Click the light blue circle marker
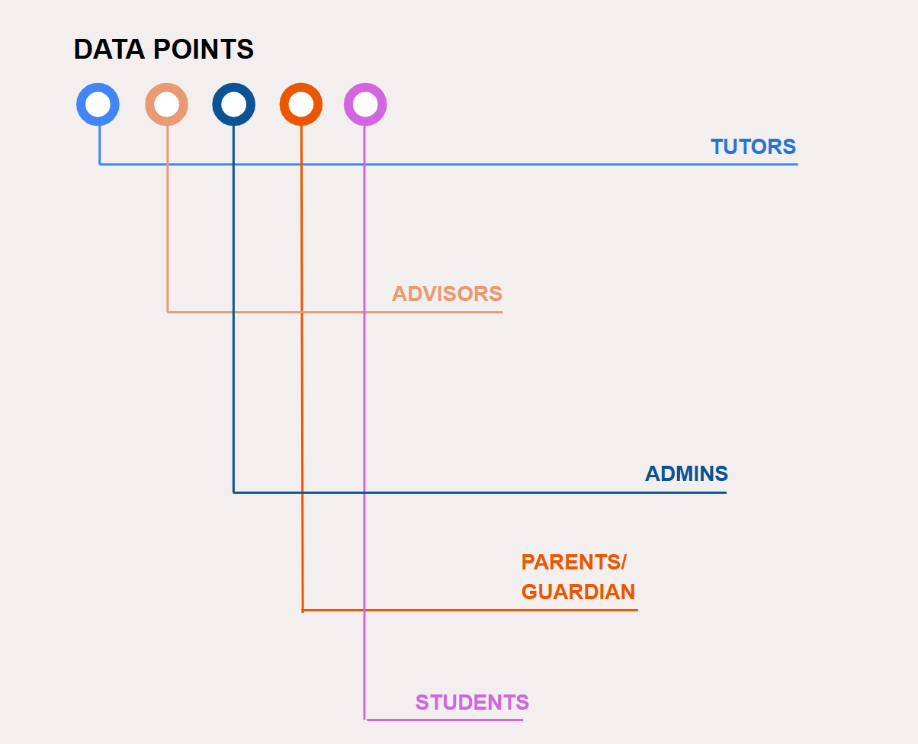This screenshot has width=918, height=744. pyautogui.click(x=98, y=104)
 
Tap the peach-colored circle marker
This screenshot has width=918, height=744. pyautogui.click(x=166, y=104)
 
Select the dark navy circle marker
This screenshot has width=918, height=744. pyautogui.click(x=233, y=104)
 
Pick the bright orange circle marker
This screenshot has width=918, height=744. pyautogui.click(x=301, y=104)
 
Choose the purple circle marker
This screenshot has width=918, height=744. pyautogui.click(x=365, y=104)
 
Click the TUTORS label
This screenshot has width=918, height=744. pyautogui.click(x=753, y=146)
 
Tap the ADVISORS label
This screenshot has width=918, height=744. pyautogui.click(x=447, y=293)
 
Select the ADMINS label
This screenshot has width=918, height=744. pyautogui.click(x=686, y=473)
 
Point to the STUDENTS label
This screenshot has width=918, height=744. pyautogui.click(x=472, y=702)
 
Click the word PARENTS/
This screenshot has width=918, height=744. pyautogui.click(x=573, y=563)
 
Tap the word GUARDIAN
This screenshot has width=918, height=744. pyautogui.click(x=578, y=592)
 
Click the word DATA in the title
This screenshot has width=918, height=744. pyautogui.click(x=110, y=50)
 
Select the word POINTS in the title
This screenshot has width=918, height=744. pyautogui.click(x=204, y=50)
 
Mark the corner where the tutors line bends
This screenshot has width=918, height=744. pyautogui.click(x=100, y=164)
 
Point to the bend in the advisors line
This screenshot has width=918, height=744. pyautogui.click(x=168, y=312)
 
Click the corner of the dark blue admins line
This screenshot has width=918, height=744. pyautogui.click(x=234, y=492)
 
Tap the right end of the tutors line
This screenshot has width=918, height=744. pyautogui.click(x=796, y=164)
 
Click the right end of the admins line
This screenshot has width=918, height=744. pyautogui.click(x=725, y=492)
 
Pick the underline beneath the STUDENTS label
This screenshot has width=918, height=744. pyautogui.click(x=445, y=719)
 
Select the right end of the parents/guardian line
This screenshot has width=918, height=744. pyautogui.click(x=636, y=610)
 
